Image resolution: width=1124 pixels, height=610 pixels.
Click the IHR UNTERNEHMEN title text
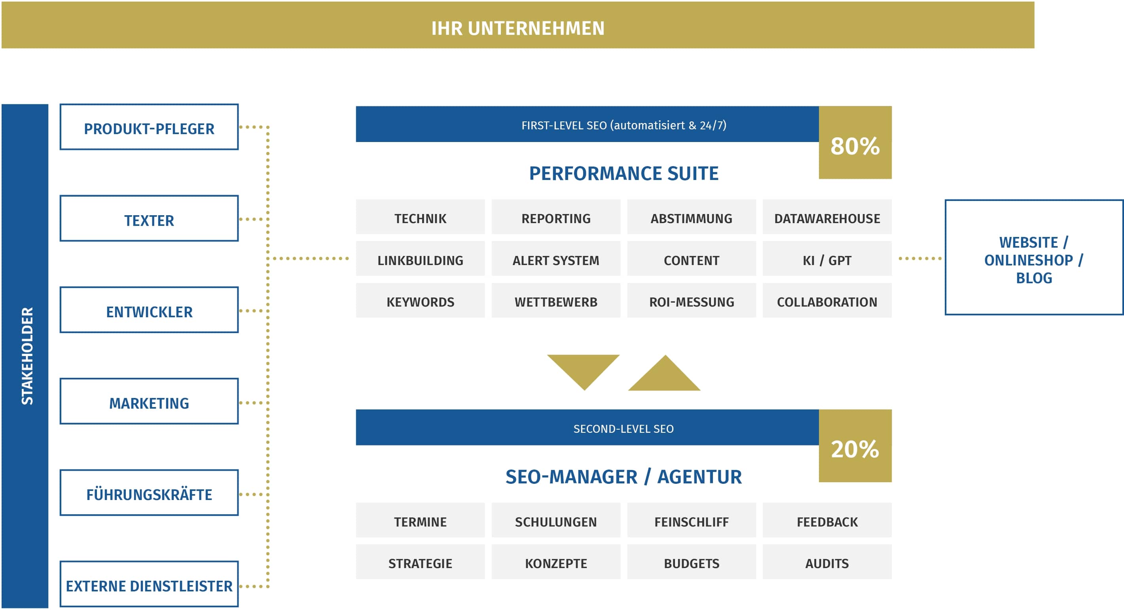(x=518, y=28)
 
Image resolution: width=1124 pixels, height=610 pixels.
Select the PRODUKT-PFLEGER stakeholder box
(x=149, y=127)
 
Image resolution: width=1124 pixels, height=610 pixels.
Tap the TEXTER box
(x=149, y=219)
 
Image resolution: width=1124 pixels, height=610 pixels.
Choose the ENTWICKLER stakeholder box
(x=149, y=310)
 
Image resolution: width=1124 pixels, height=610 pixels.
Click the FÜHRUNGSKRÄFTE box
(x=149, y=493)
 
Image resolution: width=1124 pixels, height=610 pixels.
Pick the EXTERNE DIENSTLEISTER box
(x=149, y=584)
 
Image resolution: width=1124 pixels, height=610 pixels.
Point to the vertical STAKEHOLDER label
(x=27, y=356)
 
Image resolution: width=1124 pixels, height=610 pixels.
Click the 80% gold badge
(x=855, y=143)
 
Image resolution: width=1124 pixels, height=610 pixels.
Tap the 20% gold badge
(x=855, y=446)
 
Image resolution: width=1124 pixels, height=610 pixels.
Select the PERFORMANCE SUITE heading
(x=624, y=174)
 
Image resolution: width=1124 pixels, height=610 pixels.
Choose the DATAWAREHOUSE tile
(x=827, y=217)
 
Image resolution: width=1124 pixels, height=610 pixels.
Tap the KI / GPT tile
(x=827, y=259)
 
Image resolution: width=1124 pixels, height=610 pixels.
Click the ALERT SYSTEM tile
(x=556, y=259)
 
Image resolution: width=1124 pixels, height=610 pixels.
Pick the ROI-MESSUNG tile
(x=692, y=300)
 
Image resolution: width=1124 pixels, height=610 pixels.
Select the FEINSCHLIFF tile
(x=692, y=520)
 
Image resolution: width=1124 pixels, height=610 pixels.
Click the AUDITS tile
(x=827, y=562)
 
